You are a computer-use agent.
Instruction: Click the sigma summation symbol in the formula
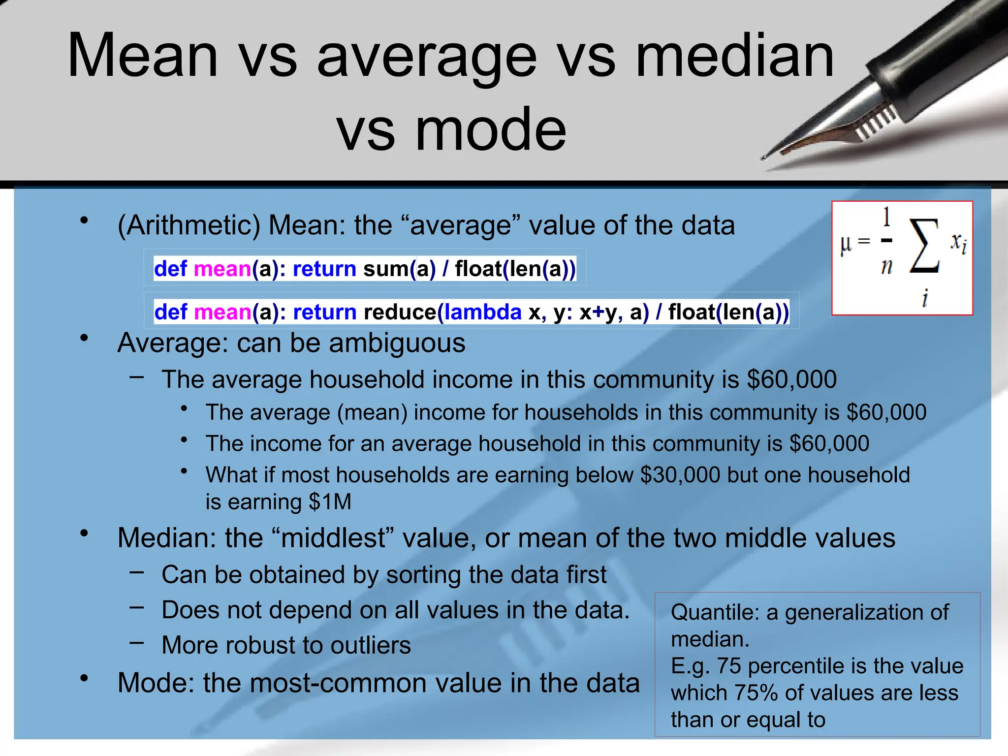pyautogui.click(x=924, y=246)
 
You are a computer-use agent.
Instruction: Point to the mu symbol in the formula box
pyautogui.click(x=846, y=244)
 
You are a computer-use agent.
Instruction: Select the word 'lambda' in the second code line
pyautogui.click(x=483, y=313)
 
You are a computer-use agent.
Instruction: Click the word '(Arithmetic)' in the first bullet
pyautogui.click(x=189, y=226)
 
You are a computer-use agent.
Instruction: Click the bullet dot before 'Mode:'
pyautogui.click(x=85, y=678)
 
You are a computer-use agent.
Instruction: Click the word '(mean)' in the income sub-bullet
pyautogui.click(x=372, y=413)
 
